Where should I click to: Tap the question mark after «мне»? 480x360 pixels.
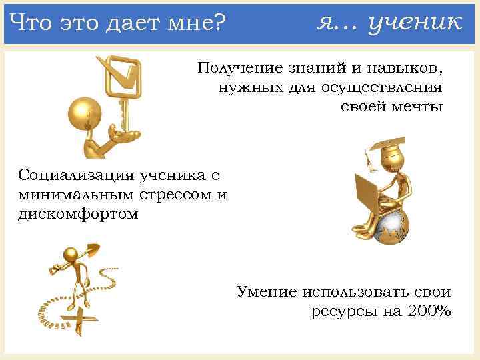click(x=221, y=24)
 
